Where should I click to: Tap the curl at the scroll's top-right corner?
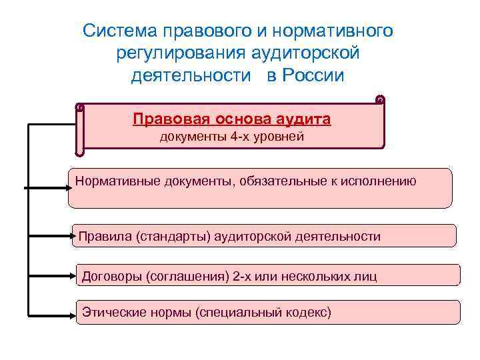[380, 100]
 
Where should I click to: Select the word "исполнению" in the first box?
[382, 180]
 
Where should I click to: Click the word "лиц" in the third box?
[366, 275]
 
